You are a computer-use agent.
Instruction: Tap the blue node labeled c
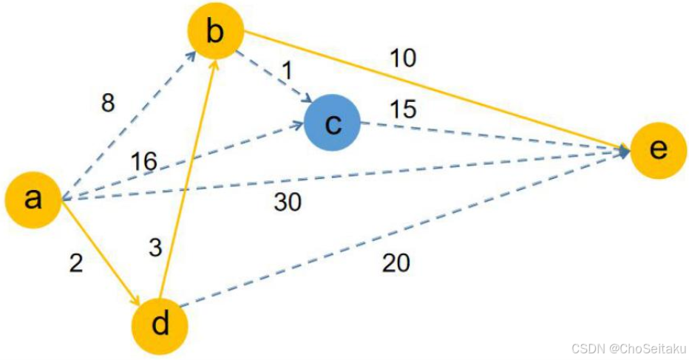tap(332, 123)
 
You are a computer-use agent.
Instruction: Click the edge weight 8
tap(108, 103)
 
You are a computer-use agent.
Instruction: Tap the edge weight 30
tap(288, 202)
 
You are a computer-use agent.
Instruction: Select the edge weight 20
tap(396, 262)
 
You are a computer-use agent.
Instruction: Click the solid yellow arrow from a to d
tap(100, 251)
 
